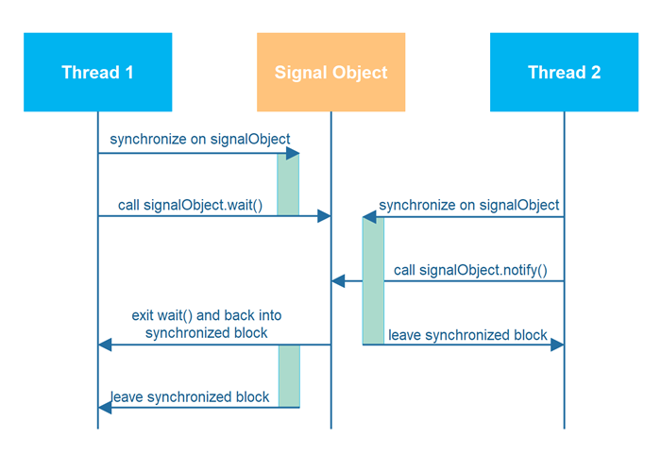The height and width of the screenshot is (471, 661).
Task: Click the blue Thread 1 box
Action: [x=97, y=73]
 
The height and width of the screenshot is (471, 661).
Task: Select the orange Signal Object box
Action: [x=330, y=73]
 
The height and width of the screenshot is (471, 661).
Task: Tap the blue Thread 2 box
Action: [x=564, y=73]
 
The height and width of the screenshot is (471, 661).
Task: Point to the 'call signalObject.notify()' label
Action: [x=469, y=270]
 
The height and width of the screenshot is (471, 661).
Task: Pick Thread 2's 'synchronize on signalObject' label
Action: [x=468, y=205]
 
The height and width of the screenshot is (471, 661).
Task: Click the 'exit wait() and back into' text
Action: [x=206, y=315]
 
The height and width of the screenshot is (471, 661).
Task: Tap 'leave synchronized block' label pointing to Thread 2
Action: [x=468, y=335]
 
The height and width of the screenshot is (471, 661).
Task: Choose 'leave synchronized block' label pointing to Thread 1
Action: [x=190, y=397]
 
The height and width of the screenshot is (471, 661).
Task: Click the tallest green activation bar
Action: [x=373, y=280]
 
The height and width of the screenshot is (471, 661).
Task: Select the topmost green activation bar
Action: [x=288, y=184]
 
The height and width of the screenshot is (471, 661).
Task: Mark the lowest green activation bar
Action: [x=288, y=376]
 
